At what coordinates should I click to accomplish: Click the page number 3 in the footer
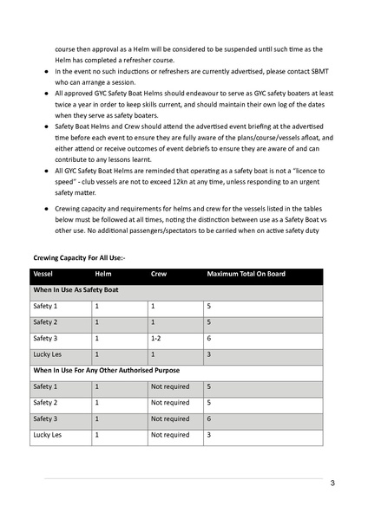pos(332,483)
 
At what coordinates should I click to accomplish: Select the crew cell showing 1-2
pos(156,339)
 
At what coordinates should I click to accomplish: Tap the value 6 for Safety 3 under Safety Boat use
pos(208,339)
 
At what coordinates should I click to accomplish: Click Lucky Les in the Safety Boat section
pos(48,354)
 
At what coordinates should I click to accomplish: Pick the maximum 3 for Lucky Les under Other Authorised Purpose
pos(208,434)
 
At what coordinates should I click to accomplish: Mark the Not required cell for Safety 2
pos(169,402)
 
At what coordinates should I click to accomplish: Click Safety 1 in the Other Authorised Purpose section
pos(45,386)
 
